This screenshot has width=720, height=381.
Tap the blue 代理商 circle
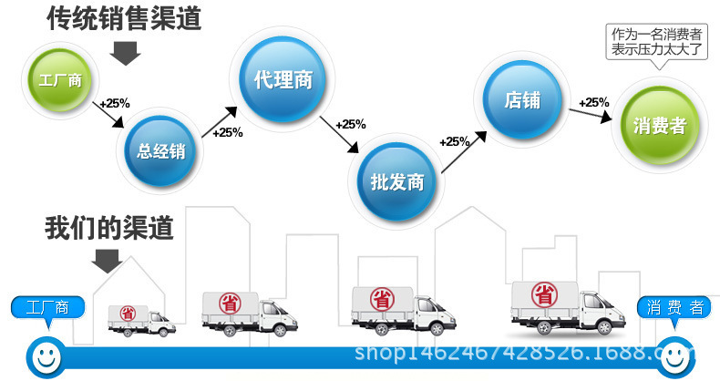click(x=283, y=79)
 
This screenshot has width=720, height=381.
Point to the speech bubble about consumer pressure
click(x=656, y=41)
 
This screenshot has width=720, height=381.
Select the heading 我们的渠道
click(x=108, y=227)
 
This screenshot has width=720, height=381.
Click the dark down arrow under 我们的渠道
click(x=108, y=263)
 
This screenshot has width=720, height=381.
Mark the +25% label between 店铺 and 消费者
click(x=594, y=102)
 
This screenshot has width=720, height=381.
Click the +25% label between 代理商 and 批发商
click(x=350, y=124)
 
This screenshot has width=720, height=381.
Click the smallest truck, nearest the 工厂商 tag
click(x=140, y=319)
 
